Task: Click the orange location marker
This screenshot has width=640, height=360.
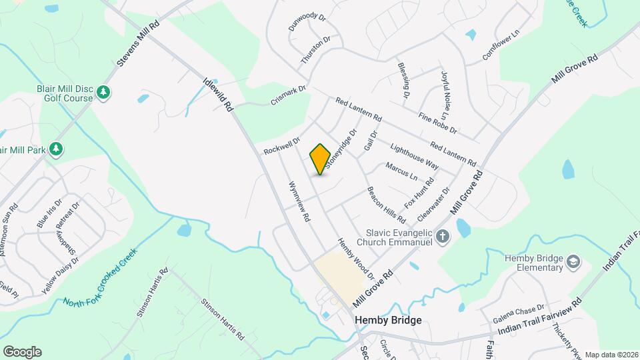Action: (x=321, y=159)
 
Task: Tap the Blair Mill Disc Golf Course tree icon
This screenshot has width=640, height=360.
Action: (x=103, y=92)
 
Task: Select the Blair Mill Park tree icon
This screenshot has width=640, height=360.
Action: (x=57, y=149)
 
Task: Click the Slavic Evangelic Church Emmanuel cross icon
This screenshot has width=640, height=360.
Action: (x=442, y=236)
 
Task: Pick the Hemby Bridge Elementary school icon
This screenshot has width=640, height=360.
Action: (x=573, y=263)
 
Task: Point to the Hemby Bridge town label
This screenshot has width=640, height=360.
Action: (x=388, y=320)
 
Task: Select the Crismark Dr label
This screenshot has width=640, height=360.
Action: (x=288, y=95)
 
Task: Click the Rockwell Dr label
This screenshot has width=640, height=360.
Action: (x=282, y=145)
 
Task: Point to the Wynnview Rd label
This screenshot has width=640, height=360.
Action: (x=299, y=201)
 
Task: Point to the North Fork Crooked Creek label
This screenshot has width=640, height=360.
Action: (x=100, y=278)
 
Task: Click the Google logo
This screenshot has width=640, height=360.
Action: (x=22, y=352)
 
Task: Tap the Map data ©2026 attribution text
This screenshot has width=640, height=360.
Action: (x=611, y=355)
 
